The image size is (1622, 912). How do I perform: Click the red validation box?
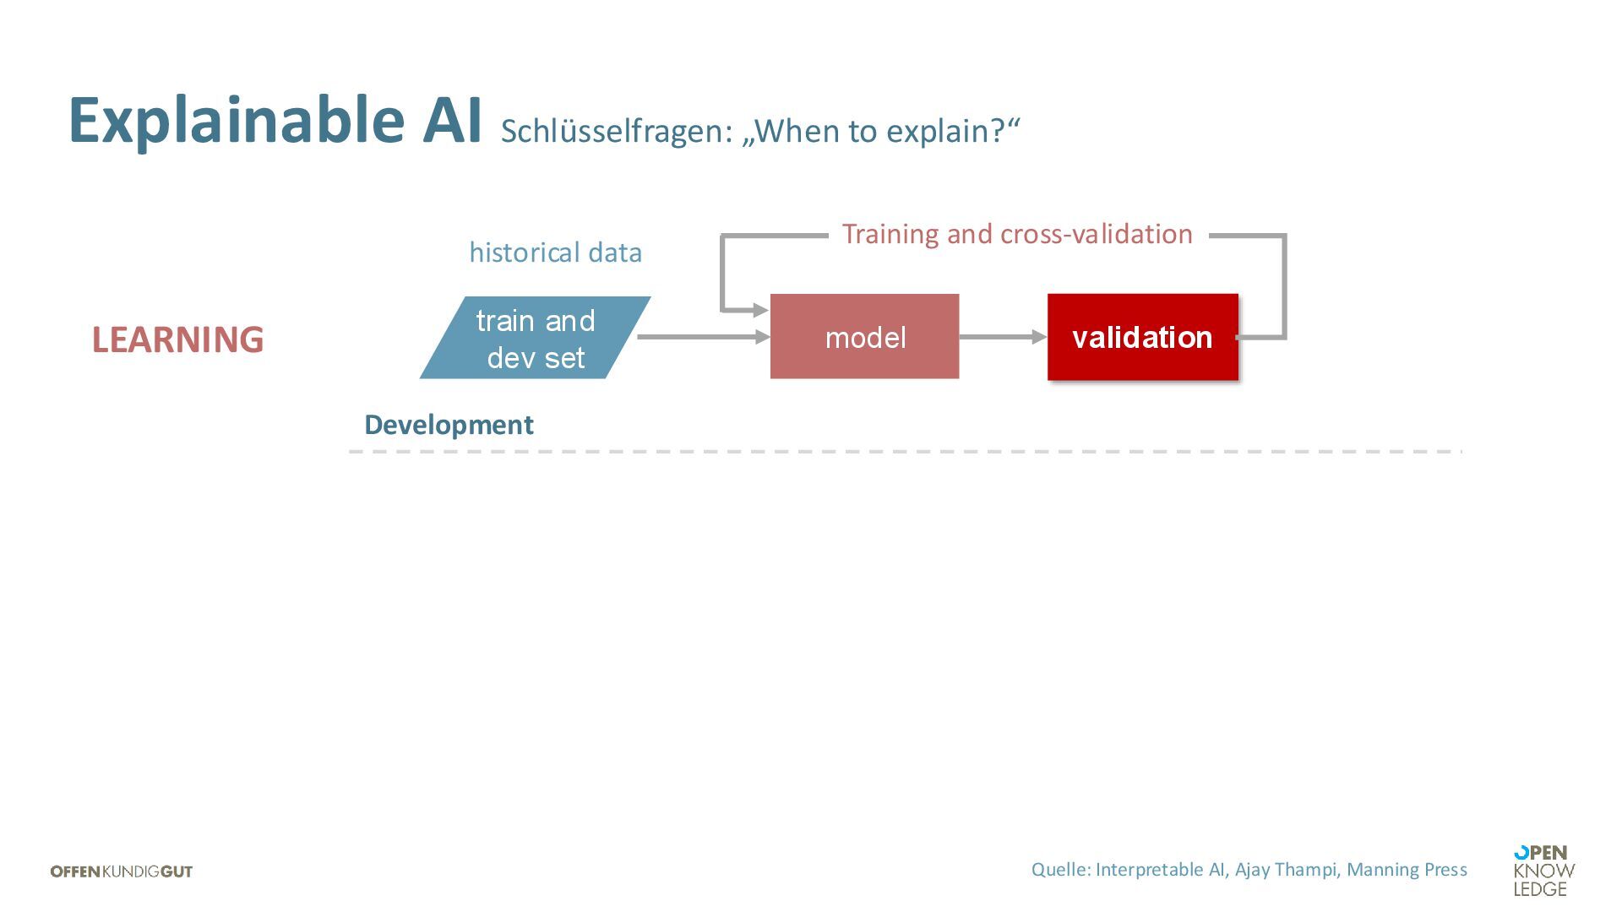(1142, 337)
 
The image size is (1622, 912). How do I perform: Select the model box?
(864, 337)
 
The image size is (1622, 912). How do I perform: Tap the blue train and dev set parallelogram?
(535, 338)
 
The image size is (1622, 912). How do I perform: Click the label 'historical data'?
(555, 252)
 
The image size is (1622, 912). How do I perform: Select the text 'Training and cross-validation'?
(1017, 234)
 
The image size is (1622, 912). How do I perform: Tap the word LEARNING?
(177, 339)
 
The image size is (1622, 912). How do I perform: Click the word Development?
(449, 425)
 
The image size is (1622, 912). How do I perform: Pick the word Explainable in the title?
(237, 120)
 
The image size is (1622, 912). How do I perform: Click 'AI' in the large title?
(453, 120)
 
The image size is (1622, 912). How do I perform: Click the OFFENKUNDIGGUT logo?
(122, 871)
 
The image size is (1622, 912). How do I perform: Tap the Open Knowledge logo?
(1543, 871)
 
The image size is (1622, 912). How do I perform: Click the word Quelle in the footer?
(1059, 870)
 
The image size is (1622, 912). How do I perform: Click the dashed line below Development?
(904, 452)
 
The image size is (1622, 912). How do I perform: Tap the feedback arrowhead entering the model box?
(760, 311)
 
